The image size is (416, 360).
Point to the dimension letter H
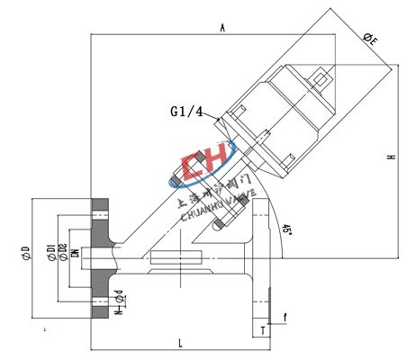click(x=391, y=157)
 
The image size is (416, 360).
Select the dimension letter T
click(x=261, y=331)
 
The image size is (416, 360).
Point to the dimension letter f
click(x=286, y=316)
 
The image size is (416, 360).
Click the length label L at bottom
click(x=180, y=343)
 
